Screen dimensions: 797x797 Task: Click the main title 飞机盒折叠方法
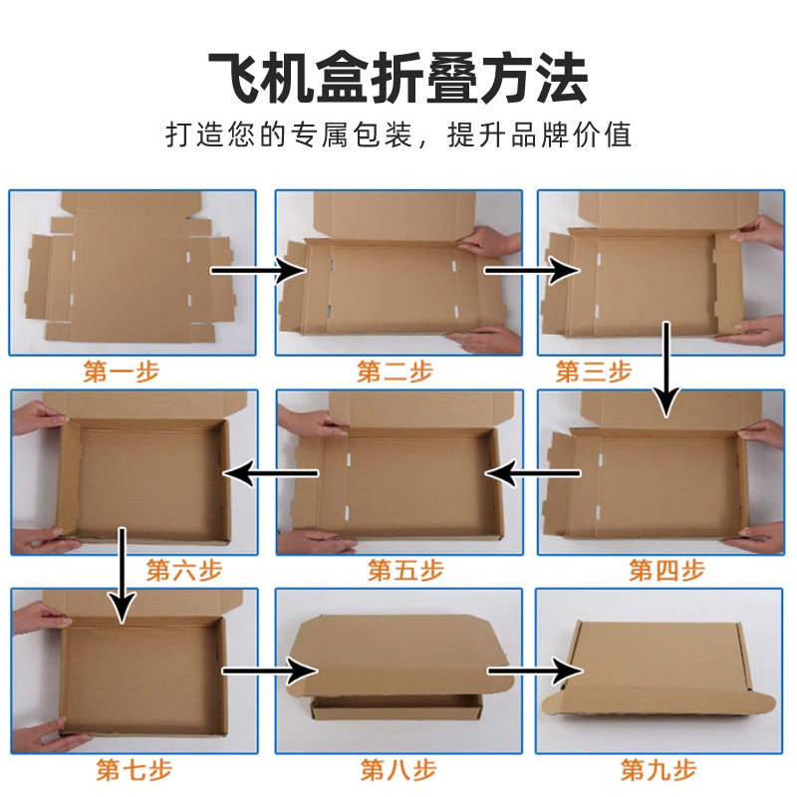pyautogui.click(x=398, y=78)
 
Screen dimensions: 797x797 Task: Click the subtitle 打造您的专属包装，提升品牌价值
pyautogui.click(x=398, y=134)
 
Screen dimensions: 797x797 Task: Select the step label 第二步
pyautogui.click(x=396, y=373)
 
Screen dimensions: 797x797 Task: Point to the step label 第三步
pyautogui.click(x=594, y=373)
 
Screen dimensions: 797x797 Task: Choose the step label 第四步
pyautogui.click(x=666, y=571)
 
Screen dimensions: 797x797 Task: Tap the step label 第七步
pyautogui.click(x=134, y=769)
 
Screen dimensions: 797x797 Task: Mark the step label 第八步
pyautogui.click(x=398, y=769)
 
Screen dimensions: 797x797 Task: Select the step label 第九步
pyautogui.click(x=659, y=769)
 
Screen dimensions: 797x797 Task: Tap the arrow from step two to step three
pyautogui.click(x=532, y=269)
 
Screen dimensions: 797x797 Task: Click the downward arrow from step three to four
pyautogui.click(x=666, y=369)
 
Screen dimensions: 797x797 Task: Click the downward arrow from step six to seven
pyautogui.click(x=122, y=574)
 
